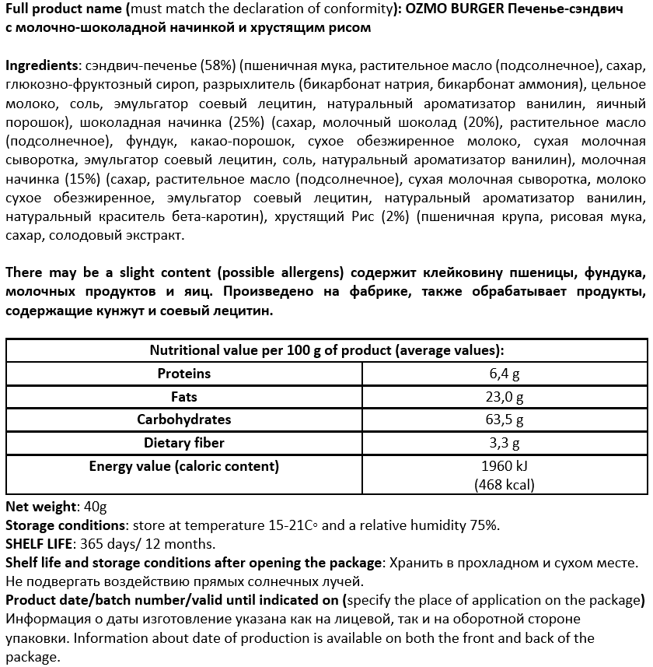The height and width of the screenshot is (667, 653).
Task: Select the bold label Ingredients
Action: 40,65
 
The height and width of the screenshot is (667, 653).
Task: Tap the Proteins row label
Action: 184,374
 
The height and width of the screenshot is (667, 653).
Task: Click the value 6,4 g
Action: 505,374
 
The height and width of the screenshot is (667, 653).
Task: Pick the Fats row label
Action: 184,397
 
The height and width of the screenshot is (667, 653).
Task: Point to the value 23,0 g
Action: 505,397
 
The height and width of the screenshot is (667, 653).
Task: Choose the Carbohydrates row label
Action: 184,420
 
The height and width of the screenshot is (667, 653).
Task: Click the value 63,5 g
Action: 505,420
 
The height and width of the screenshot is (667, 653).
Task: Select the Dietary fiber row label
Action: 184,443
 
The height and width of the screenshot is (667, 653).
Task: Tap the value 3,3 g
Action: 505,443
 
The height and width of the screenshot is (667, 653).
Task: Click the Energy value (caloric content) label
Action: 184,466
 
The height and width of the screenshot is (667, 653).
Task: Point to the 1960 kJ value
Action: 505,467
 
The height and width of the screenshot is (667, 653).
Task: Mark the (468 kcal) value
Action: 505,485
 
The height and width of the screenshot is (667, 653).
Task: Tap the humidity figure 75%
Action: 480,525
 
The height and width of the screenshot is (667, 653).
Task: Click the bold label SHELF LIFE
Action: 38,544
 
